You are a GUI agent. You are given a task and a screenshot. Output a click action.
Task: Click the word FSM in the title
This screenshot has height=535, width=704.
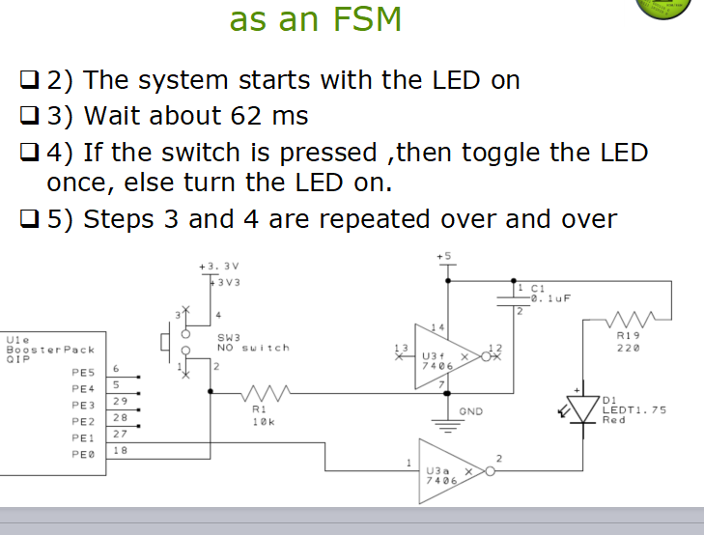pyautogui.click(x=366, y=18)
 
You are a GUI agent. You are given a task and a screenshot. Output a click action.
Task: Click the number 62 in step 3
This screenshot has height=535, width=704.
pyautogui.click(x=247, y=117)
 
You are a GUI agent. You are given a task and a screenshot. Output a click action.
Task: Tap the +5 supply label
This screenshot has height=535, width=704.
pyautogui.click(x=444, y=256)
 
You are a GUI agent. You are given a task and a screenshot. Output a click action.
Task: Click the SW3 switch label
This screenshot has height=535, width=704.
pyautogui.click(x=228, y=337)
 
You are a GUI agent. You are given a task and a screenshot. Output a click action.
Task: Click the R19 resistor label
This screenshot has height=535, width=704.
pyautogui.click(x=628, y=337)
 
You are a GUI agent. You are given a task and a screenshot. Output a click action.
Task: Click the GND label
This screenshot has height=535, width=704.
pyautogui.click(x=470, y=411)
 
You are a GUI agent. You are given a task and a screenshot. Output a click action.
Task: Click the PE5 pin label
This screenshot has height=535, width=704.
pyautogui.click(x=83, y=371)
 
